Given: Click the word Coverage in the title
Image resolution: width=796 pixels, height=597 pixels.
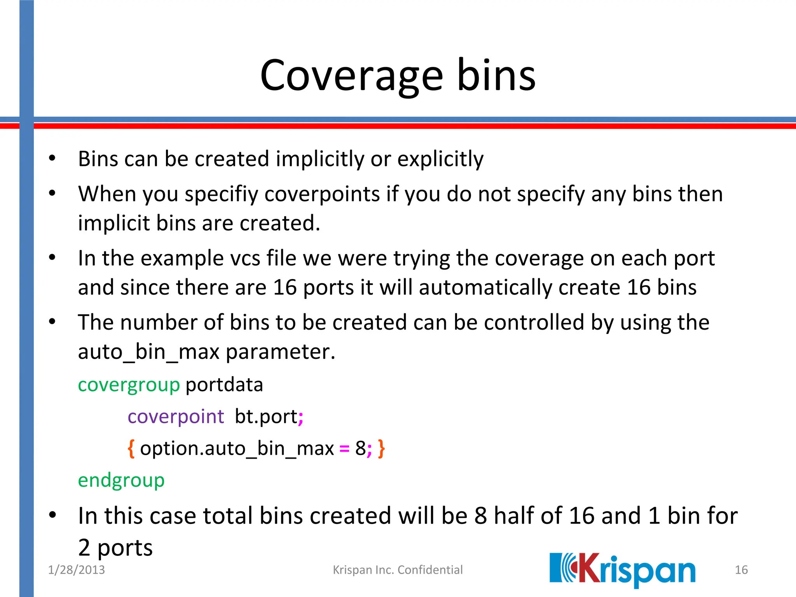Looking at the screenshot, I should [x=351, y=76].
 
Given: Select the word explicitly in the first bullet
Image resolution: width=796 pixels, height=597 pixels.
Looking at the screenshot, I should [x=440, y=159].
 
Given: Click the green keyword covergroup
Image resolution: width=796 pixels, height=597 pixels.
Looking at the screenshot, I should [x=129, y=385].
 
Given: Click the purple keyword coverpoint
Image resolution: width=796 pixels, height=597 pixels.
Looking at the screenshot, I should [x=176, y=417].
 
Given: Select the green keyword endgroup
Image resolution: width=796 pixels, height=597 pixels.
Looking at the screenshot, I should [x=121, y=480].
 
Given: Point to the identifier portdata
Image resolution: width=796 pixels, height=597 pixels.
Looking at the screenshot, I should [x=224, y=385].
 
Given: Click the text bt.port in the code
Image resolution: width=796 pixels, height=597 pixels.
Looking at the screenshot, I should [x=266, y=417].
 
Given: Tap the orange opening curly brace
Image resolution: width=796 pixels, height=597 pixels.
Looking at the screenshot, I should [x=131, y=449].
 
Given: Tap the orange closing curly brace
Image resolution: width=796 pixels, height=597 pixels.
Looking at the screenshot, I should [x=381, y=449].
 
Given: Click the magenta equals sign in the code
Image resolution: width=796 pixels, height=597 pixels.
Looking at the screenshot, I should [x=344, y=449].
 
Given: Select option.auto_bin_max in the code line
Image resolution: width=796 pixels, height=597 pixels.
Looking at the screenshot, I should [x=237, y=449].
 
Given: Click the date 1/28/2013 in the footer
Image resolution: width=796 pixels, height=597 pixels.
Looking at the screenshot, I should [x=76, y=570].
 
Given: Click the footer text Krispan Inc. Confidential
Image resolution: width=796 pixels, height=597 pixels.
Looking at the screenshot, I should [x=398, y=570].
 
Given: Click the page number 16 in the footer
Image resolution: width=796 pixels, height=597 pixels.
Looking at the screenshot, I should [x=741, y=570].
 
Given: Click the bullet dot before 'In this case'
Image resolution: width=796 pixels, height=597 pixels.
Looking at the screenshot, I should [x=52, y=515].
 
